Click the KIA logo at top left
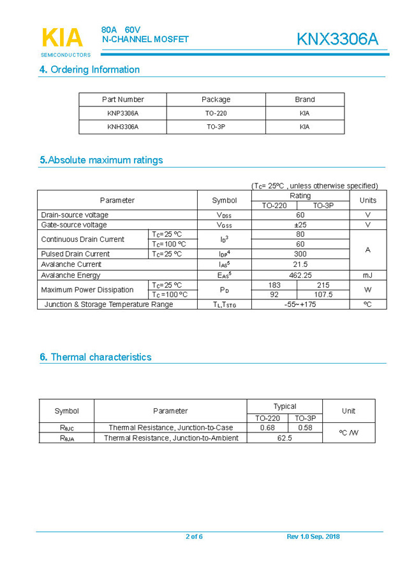tap(62, 39)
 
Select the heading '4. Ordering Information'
tap(89, 69)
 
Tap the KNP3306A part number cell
tap(122, 113)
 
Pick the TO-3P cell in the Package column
tap(216, 127)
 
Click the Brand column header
tap(304, 99)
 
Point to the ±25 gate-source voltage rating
tap(300, 225)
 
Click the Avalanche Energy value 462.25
tap(300, 275)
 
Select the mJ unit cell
tap(367, 275)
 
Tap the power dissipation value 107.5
tap(324, 295)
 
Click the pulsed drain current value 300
tap(300, 254)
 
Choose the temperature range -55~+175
tap(300, 304)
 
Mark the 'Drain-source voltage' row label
tap(75, 215)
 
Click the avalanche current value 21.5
tap(300, 264)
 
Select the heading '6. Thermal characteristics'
tap(96, 357)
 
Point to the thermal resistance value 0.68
tap(267, 428)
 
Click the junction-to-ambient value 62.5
tap(285, 438)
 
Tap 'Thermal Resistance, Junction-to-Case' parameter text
tap(170, 428)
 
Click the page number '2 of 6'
tap(194, 537)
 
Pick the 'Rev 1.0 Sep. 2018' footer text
tap(313, 537)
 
